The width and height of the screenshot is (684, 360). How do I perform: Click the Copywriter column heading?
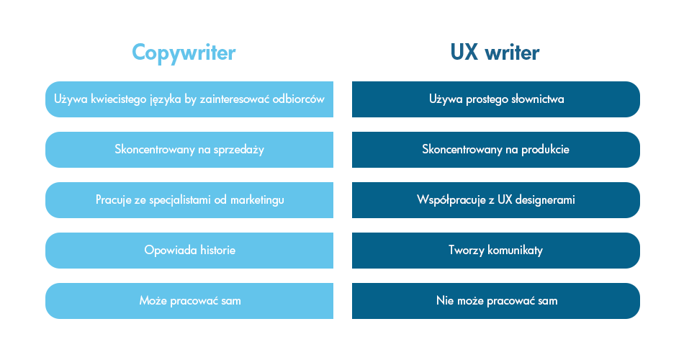[x=184, y=53]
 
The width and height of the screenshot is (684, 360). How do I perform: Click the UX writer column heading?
[x=495, y=53]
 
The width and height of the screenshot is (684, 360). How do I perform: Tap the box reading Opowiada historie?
[x=189, y=251]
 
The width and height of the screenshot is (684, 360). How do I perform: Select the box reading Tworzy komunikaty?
[x=496, y=251]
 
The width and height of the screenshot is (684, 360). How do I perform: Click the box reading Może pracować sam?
[x=189, y=301]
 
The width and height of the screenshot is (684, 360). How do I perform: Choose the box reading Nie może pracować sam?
[x=496, y=301]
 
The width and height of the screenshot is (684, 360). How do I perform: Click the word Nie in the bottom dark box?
[x=444, y=301]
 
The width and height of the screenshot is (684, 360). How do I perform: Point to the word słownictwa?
[x=536, y=99]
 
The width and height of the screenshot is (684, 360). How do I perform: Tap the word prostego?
[x=485, y=99]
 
